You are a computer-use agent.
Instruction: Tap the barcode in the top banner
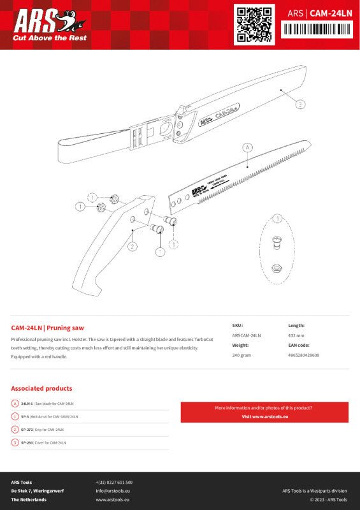[317, 29]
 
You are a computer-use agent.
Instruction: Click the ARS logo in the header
[40, 22]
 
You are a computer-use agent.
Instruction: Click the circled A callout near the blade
[247, 147]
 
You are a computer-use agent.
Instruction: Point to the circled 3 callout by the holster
[299, 103]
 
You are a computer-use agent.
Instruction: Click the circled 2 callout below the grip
[132, 247]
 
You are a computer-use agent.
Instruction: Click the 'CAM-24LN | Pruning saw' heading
[48, 327]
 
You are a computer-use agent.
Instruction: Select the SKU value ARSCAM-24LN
[246, 335]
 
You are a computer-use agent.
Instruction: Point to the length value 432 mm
[296, 335]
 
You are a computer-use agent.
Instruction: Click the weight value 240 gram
[241, 355]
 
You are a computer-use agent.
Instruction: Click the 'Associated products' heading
[41, 388]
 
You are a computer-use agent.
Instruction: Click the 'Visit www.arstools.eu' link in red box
[264, 416]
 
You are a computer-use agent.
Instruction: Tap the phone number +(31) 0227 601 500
[114, 483]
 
